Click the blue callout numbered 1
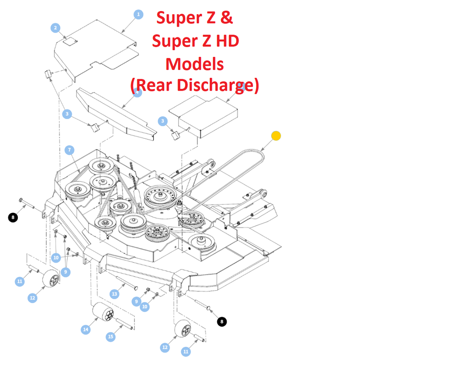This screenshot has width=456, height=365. coord(138,15)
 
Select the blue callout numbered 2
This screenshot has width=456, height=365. coord(55,28)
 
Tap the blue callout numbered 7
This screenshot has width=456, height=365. coord(69,150)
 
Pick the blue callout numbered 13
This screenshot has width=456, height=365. coord(114,294)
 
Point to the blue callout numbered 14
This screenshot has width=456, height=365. coord(86,329)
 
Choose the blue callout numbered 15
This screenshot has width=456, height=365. coord(111,337)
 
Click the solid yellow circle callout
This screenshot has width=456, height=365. coord(276,136)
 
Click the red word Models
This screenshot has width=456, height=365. coord(195,64)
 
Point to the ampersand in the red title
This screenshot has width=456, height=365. coord(226,18)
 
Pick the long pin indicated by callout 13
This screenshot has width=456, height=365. coord(127,284)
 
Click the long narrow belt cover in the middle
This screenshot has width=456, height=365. coord(116,111)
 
